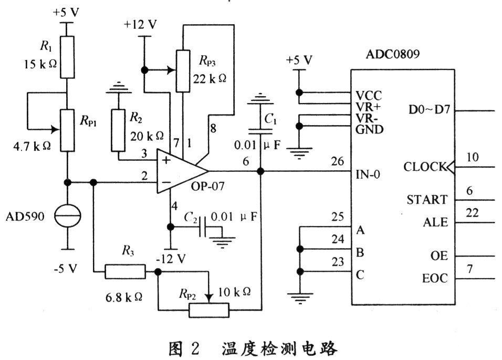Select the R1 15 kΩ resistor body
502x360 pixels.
coord(67,57)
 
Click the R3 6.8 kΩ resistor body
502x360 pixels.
coord(125,272)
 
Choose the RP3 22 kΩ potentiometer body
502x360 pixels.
coord(182,70)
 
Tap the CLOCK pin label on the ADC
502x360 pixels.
coord(424,167)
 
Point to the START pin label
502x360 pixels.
coord(427,200)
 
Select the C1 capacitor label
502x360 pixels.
coord(271,120)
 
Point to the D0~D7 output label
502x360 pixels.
coord(427,111)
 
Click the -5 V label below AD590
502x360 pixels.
coord(66,268)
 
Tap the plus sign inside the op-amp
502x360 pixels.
coord(166,160)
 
